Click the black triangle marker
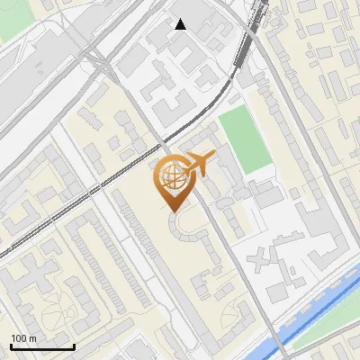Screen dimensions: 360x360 point(181,24)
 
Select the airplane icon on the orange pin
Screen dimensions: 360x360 point(199,164)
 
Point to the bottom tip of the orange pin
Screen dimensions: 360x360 point(171,209)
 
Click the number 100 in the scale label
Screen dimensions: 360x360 point(20,338)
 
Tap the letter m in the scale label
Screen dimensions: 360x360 point(32,338)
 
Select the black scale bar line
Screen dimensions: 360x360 point(42,346)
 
